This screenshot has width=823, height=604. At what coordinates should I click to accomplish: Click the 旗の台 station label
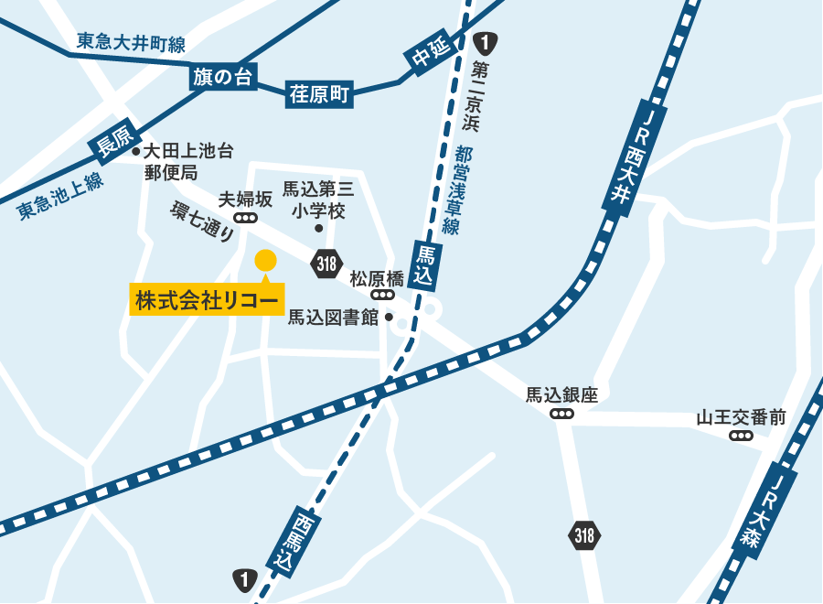tap(222, 78)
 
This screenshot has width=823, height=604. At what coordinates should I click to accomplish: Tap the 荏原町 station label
tap(320, 94)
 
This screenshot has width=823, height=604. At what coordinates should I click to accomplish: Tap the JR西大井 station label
tap(634, 161)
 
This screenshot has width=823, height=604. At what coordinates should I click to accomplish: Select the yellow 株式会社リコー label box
tap(207, 299)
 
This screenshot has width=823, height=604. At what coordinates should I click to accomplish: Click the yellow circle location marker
tap(265, 261)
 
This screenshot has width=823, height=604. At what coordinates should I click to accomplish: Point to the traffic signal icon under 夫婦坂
tap(245, 218)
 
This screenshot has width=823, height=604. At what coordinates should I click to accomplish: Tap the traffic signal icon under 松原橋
tap(382, 296)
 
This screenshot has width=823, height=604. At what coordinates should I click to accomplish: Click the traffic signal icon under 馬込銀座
tap(561, 414)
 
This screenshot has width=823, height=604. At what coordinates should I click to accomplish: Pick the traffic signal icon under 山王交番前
tap(741, 436)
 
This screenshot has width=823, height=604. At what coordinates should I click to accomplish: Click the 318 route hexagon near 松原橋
tap(326, 264)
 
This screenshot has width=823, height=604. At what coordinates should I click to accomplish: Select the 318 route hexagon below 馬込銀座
tap(585, 535)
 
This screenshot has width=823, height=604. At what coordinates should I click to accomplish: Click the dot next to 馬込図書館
tap(389, 318)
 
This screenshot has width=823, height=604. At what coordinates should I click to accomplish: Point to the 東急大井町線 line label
tap(131, 43)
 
